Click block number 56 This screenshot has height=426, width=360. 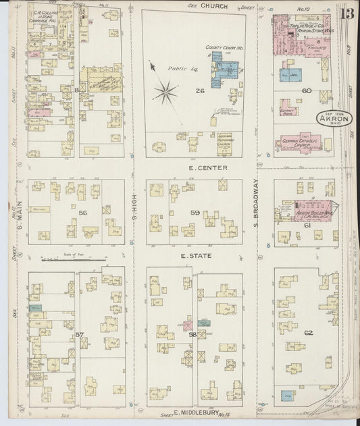point(83,212)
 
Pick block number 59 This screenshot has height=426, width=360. point(195,213)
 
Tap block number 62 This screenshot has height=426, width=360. point(309,333)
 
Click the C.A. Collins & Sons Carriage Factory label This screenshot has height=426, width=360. point(47,16)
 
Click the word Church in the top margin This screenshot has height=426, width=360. point(213,5)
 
